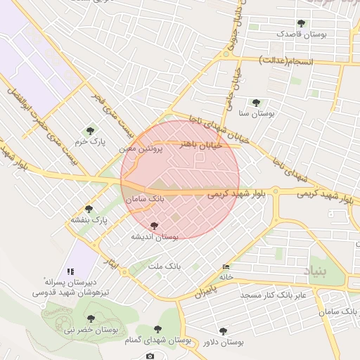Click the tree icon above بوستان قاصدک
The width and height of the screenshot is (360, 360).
pyautogui.click(x=301, y=23)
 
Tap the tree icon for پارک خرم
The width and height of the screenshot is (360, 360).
pyautogui.click(x=90, y=130)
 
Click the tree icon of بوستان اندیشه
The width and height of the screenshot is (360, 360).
pyautogui.click(x=155, y=226)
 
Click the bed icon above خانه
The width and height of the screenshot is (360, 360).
pyautogui.click(x=226, y=267)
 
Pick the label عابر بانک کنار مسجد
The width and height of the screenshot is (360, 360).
pyautogui.click(x=271, y=295)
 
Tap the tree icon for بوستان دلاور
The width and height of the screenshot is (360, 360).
pyautogui.click(x=223, y=330)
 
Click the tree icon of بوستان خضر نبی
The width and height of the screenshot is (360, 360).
pyautogui.click(x=90, y=319)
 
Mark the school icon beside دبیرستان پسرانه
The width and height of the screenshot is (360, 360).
pyautogui.click(x=70, y=271)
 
